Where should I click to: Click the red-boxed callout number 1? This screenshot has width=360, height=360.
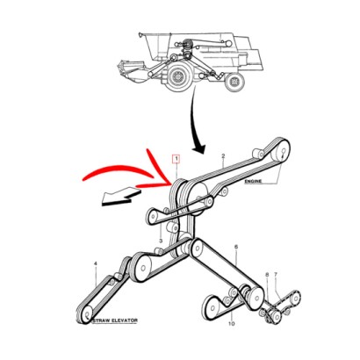tap(176, 159)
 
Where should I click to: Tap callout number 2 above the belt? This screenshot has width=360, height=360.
tap(223, 156)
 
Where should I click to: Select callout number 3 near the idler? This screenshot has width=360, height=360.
tap(161, 241)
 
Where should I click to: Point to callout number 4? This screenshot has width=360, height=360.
tap(95, 264)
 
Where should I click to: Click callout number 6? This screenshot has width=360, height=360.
tap(236, 247)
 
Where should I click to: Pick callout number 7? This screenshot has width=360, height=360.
tap(276, 275)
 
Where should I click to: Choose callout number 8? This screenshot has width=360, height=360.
tap(267, 275)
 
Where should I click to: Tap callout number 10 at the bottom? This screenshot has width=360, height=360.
tap(231, 324)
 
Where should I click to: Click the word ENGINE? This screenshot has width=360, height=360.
tap(254, 182)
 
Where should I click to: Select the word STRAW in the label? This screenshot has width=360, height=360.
tap(102, 320)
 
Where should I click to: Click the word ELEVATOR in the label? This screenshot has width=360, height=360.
tap(125, 320)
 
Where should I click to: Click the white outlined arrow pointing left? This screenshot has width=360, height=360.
tap(120, 197)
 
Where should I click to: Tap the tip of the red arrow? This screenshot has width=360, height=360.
tap(171, 184)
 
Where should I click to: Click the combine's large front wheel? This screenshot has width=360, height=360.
tap(178, 76)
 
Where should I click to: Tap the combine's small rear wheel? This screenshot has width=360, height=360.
tap(235, 82)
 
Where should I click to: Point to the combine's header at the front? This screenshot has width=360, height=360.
tap(132, 71)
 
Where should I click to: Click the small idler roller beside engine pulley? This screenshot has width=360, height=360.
tap(257, 153)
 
